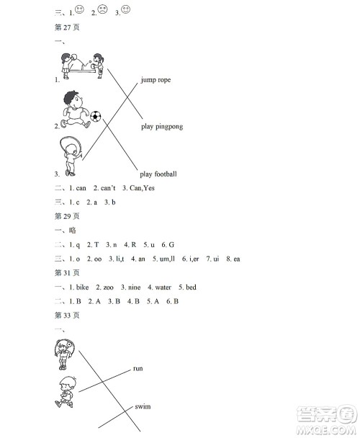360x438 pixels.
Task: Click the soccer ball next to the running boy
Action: coord(96,115)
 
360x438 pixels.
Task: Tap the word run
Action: coord(138,368)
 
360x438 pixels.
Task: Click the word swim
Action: coord(143,407)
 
